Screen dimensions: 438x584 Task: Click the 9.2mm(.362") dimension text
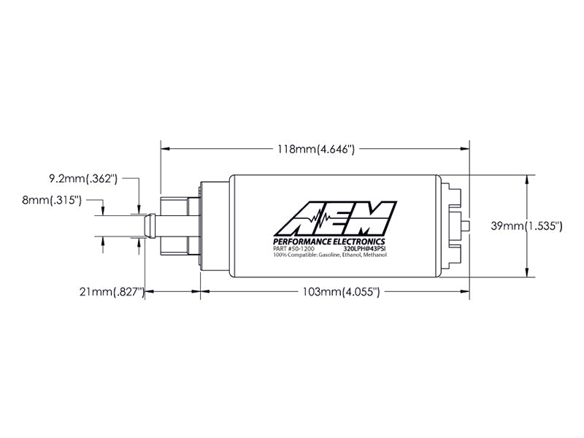coord(83,178)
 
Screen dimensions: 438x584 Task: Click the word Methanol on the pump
coord(370,255)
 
